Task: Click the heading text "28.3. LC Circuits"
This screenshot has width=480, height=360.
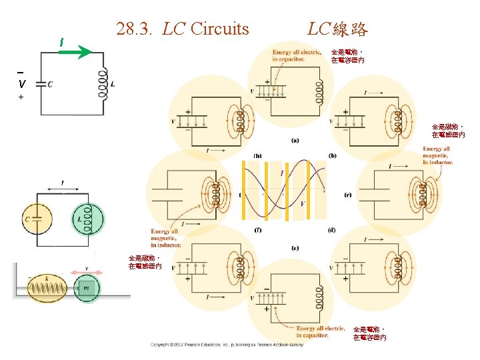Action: (x=182, y=29)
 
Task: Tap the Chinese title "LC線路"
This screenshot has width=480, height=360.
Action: (x=337, y=29)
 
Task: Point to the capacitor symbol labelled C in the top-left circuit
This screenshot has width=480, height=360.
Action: (x=41, y=83)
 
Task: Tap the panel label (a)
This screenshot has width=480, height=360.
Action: (x=295, y=140)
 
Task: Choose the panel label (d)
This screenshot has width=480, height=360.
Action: (x=332, y=230)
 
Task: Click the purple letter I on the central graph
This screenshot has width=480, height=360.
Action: (x=281, y=173)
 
